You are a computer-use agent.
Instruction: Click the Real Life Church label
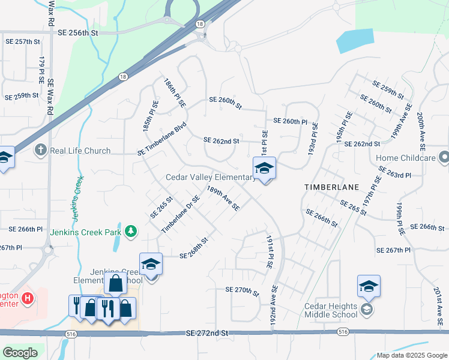tap(80, 151)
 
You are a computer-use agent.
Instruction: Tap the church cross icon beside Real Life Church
tap(41, 150)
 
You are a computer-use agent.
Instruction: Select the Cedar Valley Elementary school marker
tap(264, 169)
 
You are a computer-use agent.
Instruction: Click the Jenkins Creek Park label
tap(85, 232)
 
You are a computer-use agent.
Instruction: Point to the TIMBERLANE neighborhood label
tap(331, 187)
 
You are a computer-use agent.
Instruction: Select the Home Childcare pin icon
tap(444, 158)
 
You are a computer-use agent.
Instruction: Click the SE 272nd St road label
tap(208, 332)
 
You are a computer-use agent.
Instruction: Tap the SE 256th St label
tap(78, 33)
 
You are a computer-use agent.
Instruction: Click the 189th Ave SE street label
tap(223, 198)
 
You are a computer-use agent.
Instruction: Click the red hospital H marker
tap(26, 298)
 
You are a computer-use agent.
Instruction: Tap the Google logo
tap(20, 353)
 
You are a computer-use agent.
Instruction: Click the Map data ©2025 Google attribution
tap(411, 355)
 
